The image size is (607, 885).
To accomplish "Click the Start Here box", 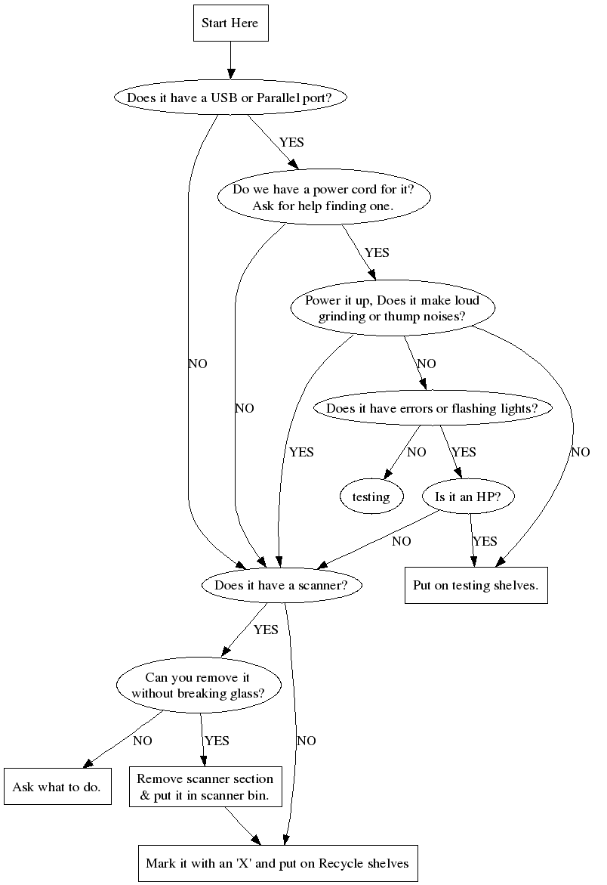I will tap(230, 23).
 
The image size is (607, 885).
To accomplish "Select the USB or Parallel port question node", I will tap(230, 97).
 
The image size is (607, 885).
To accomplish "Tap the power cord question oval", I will tap(324, 197).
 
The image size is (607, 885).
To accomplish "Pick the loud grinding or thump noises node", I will tap(392, 308).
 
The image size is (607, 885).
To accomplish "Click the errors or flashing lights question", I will tap(432, 408).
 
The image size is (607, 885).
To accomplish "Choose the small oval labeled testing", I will tap(371, 497).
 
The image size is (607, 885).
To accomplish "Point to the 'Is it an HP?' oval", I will tap(469, 497).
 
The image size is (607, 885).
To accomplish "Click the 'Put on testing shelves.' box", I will tap(476, 585).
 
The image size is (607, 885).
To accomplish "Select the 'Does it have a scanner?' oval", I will tap(281, 585).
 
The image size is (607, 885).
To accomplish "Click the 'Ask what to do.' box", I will tap(57, 787).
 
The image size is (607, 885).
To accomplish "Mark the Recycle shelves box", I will tap(277, 863).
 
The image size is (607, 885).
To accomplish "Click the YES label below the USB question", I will tap(292, 141).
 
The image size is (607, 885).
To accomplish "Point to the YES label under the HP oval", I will tap(485, 541).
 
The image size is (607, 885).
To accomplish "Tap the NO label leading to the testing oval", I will tap(416, 453).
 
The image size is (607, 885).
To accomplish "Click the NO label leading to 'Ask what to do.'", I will tap(143, 741).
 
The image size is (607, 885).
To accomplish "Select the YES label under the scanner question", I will tap(266, 630).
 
